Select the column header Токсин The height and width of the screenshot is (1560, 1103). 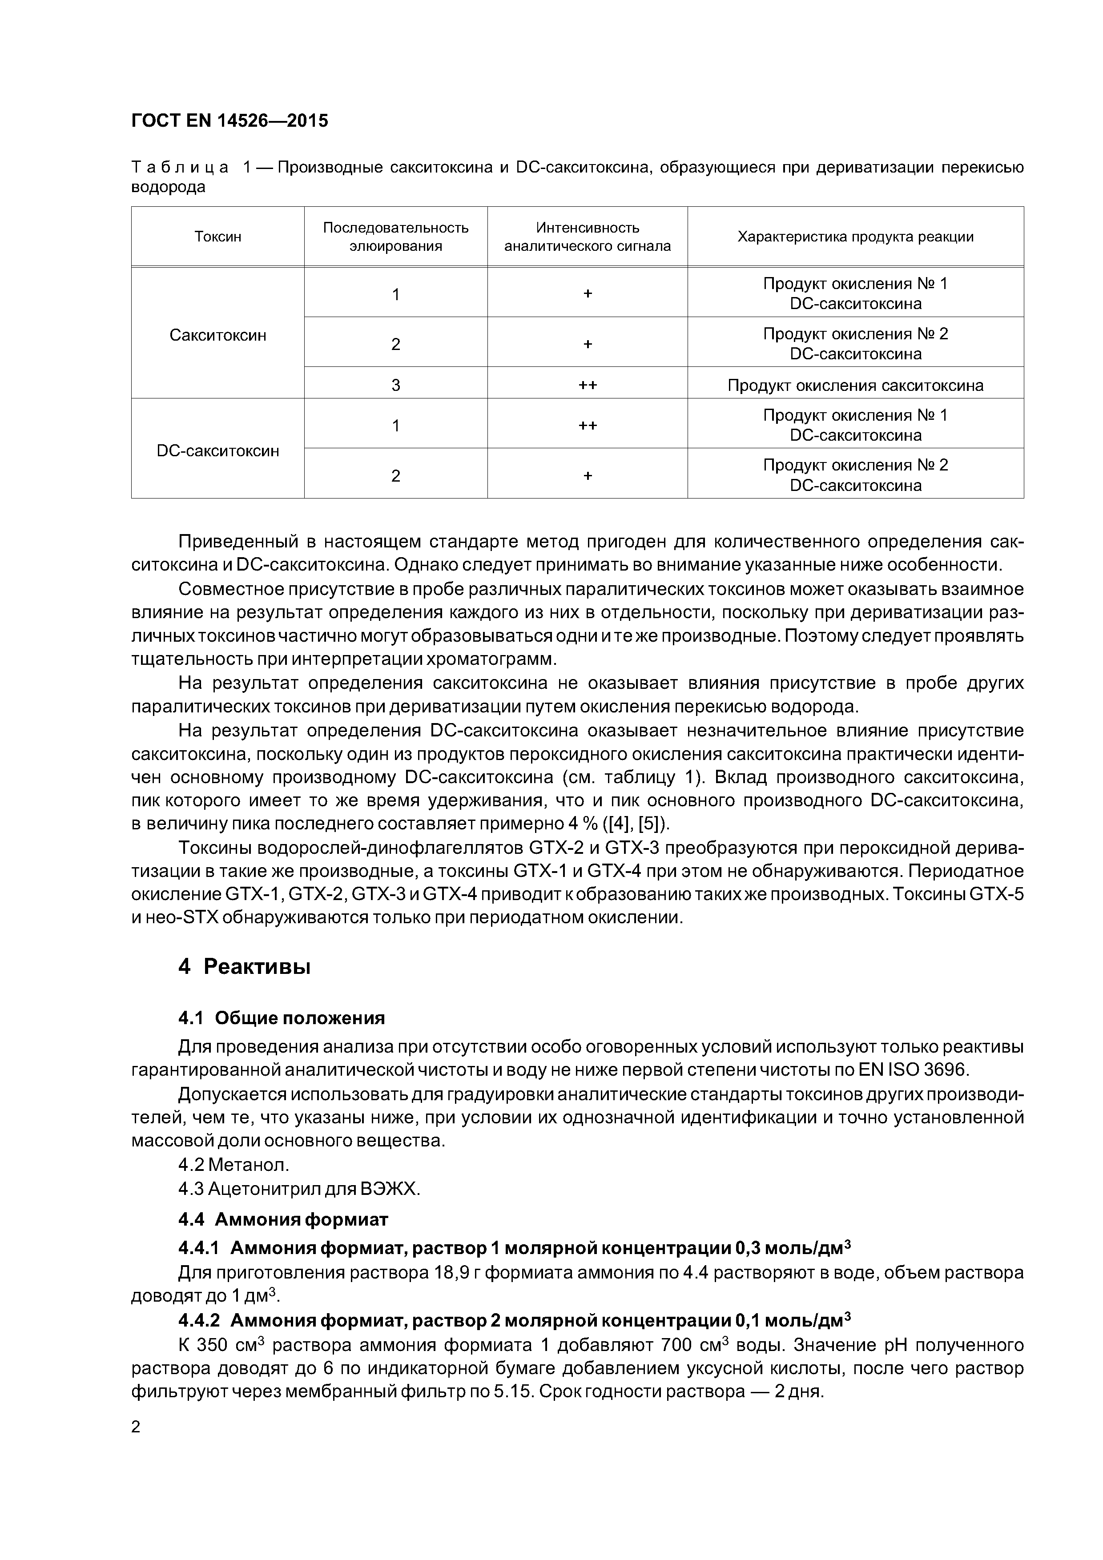pyautogui.click(x=217, y=237)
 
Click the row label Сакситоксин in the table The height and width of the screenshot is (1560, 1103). pyautogui.click(x=217, y=335)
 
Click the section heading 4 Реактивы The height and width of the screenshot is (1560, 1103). pyautogui.click(x=244, y=966)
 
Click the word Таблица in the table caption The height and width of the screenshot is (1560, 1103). pyautogui.click(x=179, y=167)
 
